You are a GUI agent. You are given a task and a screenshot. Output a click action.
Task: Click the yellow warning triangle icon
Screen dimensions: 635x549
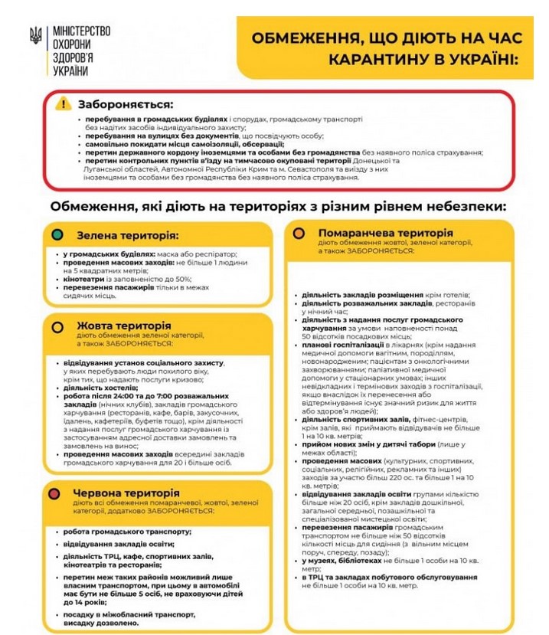point(64,104)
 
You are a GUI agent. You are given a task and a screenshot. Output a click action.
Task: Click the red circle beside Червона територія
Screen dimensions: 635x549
point(55,493)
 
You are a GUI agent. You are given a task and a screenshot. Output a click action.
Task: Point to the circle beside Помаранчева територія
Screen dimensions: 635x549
point(299,233)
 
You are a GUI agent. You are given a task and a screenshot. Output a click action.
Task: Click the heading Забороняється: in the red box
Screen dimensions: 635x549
point(126,104)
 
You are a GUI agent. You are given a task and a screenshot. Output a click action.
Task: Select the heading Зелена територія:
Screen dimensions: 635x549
point(126,234)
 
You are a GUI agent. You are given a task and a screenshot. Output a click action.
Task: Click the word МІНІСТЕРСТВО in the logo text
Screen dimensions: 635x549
point(81,31)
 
